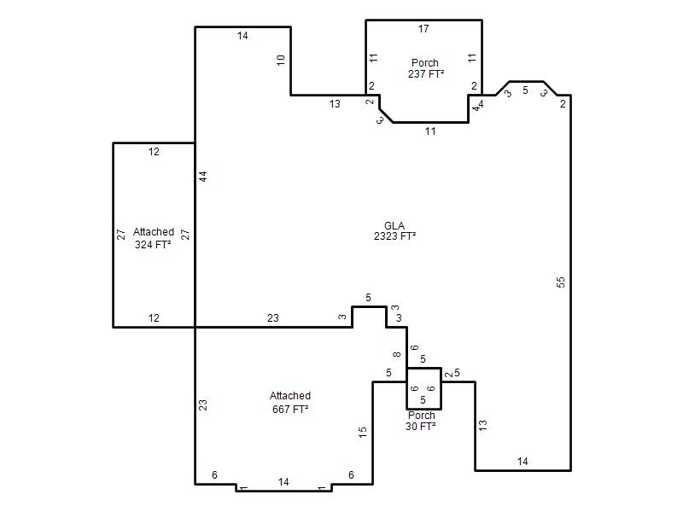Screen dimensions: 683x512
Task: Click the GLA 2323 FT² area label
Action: pyautogui.click(x=394, y=231)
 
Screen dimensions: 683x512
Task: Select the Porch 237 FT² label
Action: pyautogui.click(x=425, y=68)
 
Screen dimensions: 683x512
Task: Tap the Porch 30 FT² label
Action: pyautogui.click(x=421, y=421)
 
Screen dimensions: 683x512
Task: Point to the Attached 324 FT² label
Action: pyautogui.click(x=153, y=238)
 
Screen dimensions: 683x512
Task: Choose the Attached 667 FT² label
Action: pyautogui.click(x=290, y=402)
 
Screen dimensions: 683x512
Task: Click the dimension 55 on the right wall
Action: pyautogui.click(x=561, y=282)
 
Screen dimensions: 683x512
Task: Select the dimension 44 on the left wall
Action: pyautogui.click(x=203, y=177)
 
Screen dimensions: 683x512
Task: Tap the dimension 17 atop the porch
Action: pyautogui.click(x=423, y=29)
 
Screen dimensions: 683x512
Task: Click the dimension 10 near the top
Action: pyautogui.click(x=281, y=60)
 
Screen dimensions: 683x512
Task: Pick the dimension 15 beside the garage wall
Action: pyautogui.click(x=362, y=432)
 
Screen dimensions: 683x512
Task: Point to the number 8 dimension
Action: pyautogui.click(x=396, y=354)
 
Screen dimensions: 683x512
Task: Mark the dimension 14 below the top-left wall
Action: pyautogui.click(x=242, y=36)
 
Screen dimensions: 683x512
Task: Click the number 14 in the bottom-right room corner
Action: pyautogui.click(x=522, y=461)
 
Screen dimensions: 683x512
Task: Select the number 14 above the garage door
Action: pyautogui.click(x=283, y=481)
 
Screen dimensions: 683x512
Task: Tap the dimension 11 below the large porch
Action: pyautogui.click(x=430, y=131)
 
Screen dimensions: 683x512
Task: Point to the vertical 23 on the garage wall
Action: pyautogui.click(x=203, y=405)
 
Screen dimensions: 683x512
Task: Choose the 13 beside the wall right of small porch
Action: pyautogui.click(x=482, y=425)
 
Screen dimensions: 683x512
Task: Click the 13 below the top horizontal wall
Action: pyautogui.click(x=335, y=103)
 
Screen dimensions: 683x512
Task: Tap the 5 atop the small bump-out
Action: pyautogui.click(x=368, y=298)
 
